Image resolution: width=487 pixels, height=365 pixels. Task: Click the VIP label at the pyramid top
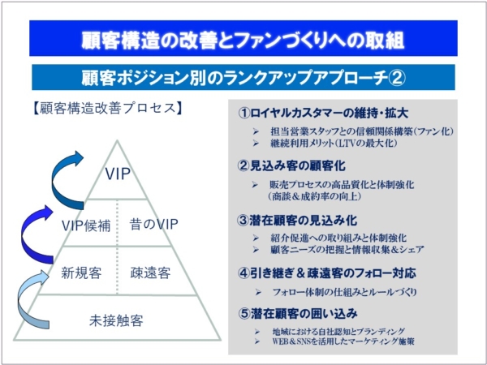118,174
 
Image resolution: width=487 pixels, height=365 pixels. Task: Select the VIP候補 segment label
86,225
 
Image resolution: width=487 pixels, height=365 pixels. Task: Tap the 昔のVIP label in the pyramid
153,224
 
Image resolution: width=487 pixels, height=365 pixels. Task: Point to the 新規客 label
81,273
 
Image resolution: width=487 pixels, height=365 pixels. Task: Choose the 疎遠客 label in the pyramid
150,273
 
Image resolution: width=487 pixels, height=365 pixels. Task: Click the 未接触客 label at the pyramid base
116,320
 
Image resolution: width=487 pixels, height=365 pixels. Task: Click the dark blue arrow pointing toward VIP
56,180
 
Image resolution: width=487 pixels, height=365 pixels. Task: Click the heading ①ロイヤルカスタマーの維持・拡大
323,113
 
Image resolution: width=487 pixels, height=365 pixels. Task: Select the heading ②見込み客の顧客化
291,165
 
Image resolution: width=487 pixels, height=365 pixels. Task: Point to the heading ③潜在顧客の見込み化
297,221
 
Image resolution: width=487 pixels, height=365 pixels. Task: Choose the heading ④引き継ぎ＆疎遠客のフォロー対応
327,273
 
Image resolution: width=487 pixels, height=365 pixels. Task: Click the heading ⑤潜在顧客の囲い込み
298,313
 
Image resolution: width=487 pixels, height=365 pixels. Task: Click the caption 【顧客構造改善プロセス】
106,109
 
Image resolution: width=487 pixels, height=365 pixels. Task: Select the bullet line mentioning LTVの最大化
325,143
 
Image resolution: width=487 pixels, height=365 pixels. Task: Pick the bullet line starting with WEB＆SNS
334,341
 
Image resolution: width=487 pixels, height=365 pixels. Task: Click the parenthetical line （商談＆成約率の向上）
315,196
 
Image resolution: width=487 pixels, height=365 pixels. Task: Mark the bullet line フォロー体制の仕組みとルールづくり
336,292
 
